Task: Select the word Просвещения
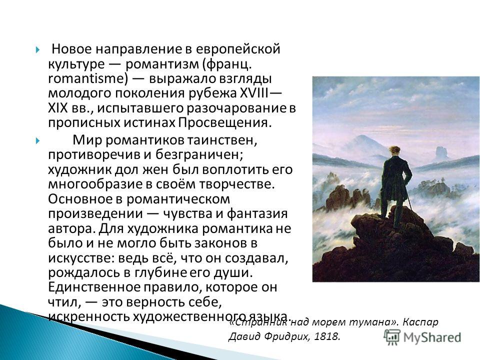[224, 123]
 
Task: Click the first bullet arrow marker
[37, 49]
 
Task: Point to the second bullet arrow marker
[37, 141]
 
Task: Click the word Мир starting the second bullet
[86, 140]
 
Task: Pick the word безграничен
[199, 155]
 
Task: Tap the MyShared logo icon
[392, 337]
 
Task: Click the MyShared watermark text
[432, 337]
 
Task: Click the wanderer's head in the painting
[394, 151]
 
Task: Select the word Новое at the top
[71, 49]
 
